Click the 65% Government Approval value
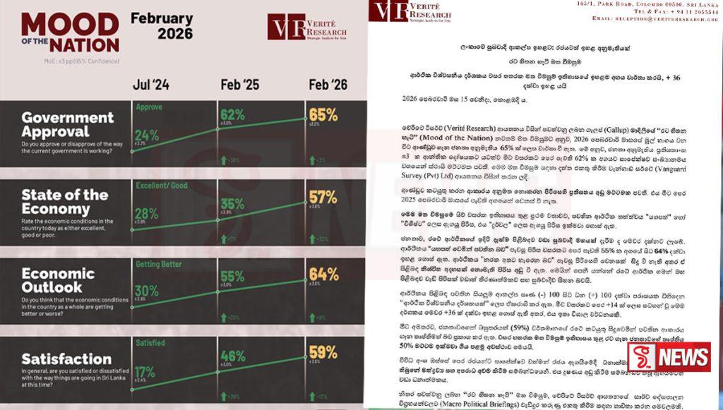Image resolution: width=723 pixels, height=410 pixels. tap(323, 115)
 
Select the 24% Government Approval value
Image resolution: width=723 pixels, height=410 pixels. tap(147, 135)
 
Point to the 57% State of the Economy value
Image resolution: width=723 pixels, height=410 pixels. tap(323, 197)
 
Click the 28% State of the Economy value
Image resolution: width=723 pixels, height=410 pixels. tap(147, 214)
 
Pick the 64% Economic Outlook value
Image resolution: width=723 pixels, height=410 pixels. tap(323, 275)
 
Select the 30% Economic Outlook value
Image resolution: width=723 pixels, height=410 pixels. tap(147, 290)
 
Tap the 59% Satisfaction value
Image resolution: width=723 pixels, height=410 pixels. tap(323, 351)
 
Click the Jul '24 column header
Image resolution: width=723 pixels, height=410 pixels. tap(151, 85)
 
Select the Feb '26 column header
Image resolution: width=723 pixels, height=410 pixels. tap(328, 85)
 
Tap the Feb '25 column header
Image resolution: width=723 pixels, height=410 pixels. tap(240, 85)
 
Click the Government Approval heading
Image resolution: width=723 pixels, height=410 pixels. tap(68, 124)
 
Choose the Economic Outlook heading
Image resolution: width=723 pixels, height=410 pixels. tap(58, 281)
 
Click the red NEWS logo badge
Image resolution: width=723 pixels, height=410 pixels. tap(679, 356)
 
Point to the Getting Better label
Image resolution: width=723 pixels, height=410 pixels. tap(158, 266)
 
